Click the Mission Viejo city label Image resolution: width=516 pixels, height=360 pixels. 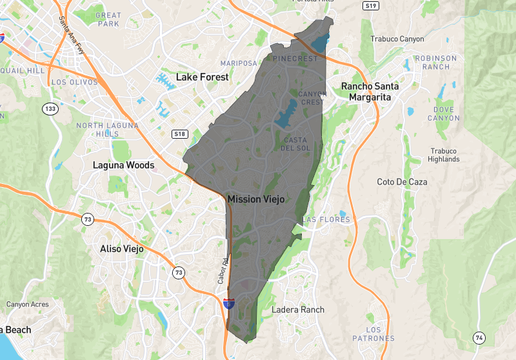click(x=256, y=200)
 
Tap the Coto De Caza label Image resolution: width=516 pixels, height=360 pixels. click(x=401, y=182)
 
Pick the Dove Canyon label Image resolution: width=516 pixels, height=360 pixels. click(x=442, y=113)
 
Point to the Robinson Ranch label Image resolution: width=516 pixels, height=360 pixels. click(x=435, y=62)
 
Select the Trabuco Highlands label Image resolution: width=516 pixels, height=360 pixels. click(x=443, y=155)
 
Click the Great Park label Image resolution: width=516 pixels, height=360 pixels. click(x=108, y=20)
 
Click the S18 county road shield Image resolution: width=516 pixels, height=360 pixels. click(x=180, y=133)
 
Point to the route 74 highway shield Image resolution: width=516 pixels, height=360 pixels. click(x=481, y=336)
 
